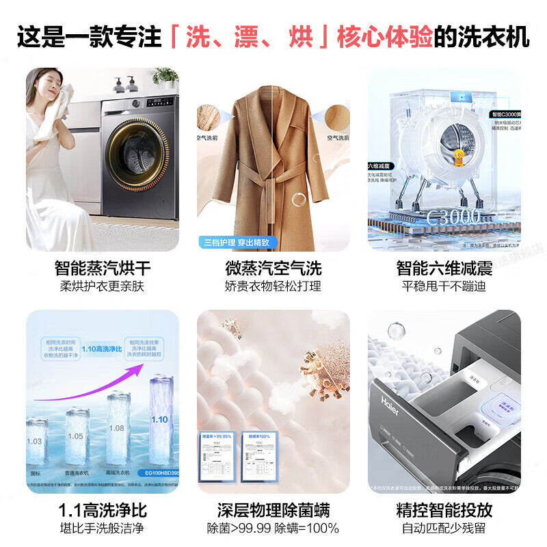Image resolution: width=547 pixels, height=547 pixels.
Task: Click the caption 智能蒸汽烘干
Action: (x=103, y=267)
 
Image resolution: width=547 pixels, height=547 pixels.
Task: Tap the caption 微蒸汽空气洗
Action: (x=273, y=267)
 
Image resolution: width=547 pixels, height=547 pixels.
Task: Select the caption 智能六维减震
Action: (x=444, y=267)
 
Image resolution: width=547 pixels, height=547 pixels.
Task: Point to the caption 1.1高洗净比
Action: (x=103, y=510)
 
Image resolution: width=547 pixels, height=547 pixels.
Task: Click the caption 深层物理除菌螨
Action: (x=273, y=510)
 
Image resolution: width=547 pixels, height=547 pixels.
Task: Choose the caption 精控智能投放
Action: (x=444, y=510)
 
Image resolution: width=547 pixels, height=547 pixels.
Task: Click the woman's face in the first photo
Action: (x=55, y=86)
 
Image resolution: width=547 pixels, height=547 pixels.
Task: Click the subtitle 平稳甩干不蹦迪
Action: (x=444, y=286)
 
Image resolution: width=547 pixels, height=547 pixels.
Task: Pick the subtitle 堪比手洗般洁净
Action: (x=103, y=529)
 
